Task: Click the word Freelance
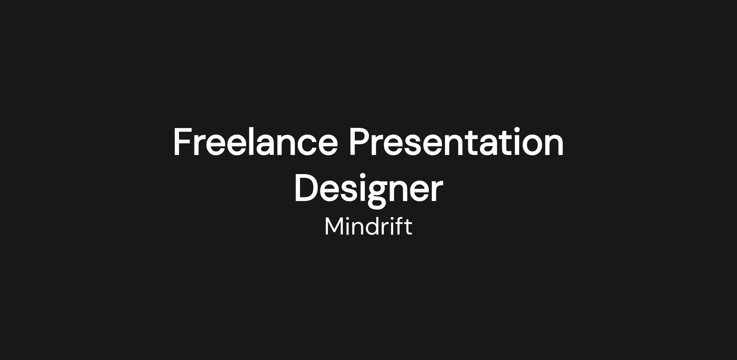tap(255, 142)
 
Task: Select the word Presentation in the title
tap(457, 142)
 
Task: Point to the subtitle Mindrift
tap(368, 226)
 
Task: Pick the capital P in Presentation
tap(359, 142)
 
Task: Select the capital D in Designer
tap(306, 188)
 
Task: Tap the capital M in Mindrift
tap(334, 226)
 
